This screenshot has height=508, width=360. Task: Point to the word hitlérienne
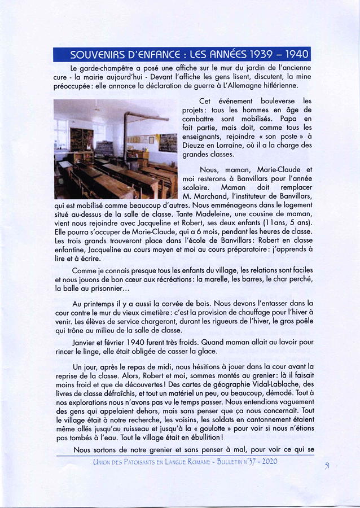(x=273, y=86)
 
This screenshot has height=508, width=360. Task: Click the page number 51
(x=327, y=465)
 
